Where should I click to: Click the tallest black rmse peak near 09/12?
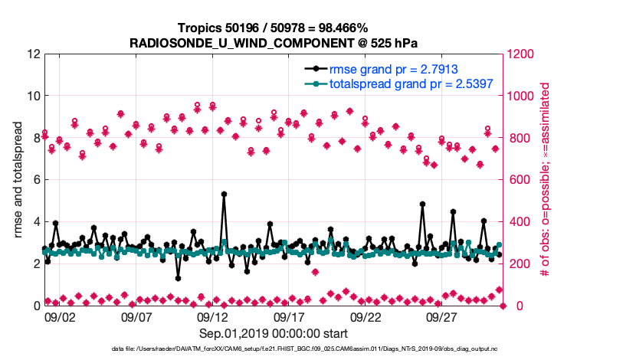click(x=224, y=195)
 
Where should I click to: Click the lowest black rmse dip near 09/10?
click(x=178, y=278)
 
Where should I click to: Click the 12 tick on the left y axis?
click(x=33, y=54)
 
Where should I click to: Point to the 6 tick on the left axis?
click(x=36, y=180)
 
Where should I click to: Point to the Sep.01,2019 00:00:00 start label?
click(x=275, y=333)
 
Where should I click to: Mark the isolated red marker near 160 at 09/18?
click(x=315, y=272)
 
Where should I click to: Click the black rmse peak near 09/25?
click(x=422, y=204)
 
